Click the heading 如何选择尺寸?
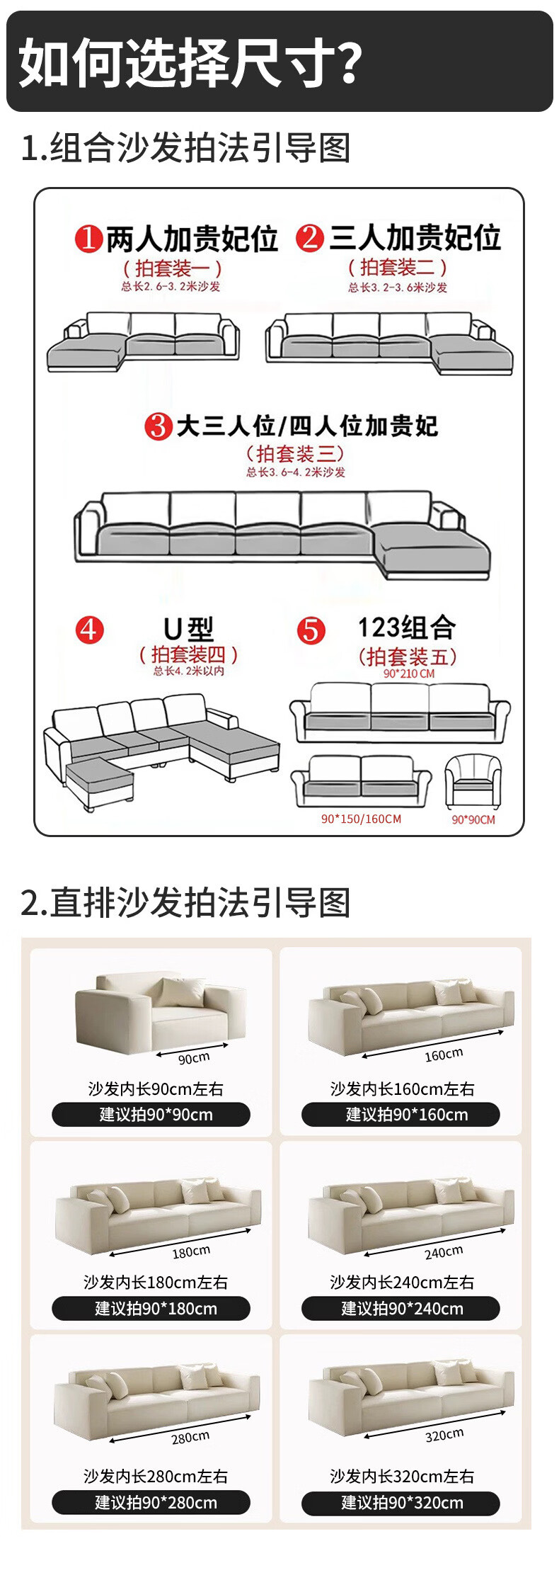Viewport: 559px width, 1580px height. point(190,63)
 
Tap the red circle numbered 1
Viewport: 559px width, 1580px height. point(88,239)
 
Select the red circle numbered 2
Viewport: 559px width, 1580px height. point(310,238)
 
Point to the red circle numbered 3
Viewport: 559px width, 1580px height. point(159,426)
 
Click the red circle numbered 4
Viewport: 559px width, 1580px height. point(90,630)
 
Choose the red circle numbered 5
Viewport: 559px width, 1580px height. point(311,630)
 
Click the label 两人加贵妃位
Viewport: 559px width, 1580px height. point(192,239)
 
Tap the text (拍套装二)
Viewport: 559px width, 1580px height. point(398,267)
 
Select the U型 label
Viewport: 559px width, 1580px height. point(188,628)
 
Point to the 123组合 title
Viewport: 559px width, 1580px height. point(407,627)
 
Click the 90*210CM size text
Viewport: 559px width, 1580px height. point(409,674)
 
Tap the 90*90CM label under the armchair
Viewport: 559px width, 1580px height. point(473,819)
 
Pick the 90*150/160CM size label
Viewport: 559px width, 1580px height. point(361,819)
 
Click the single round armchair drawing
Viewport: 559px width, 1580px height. point(473,782)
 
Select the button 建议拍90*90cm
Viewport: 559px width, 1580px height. point(151,1114)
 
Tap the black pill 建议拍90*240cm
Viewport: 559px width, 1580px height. point(400,1308)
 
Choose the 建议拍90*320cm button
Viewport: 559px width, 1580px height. point(400,1502)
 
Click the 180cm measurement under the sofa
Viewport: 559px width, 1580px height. point(191,1252)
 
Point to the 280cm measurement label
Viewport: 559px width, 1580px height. point(190,1438)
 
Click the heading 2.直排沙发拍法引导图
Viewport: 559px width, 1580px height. point(185,902)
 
